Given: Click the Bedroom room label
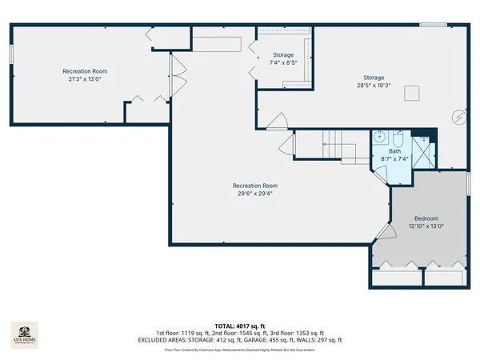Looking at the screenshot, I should pos(426,218).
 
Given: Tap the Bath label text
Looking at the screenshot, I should pos(394,150).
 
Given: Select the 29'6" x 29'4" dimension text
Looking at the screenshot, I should pos(255,193).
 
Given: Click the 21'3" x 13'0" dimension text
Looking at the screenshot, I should pos(85,78).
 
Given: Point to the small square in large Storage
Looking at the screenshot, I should pos(411,94).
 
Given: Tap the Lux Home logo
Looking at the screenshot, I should pos(23,333).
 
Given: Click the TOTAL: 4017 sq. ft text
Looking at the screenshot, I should pos(240,326).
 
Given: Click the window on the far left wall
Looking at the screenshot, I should pos(11,53).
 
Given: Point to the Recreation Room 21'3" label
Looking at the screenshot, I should pos(85,71).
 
